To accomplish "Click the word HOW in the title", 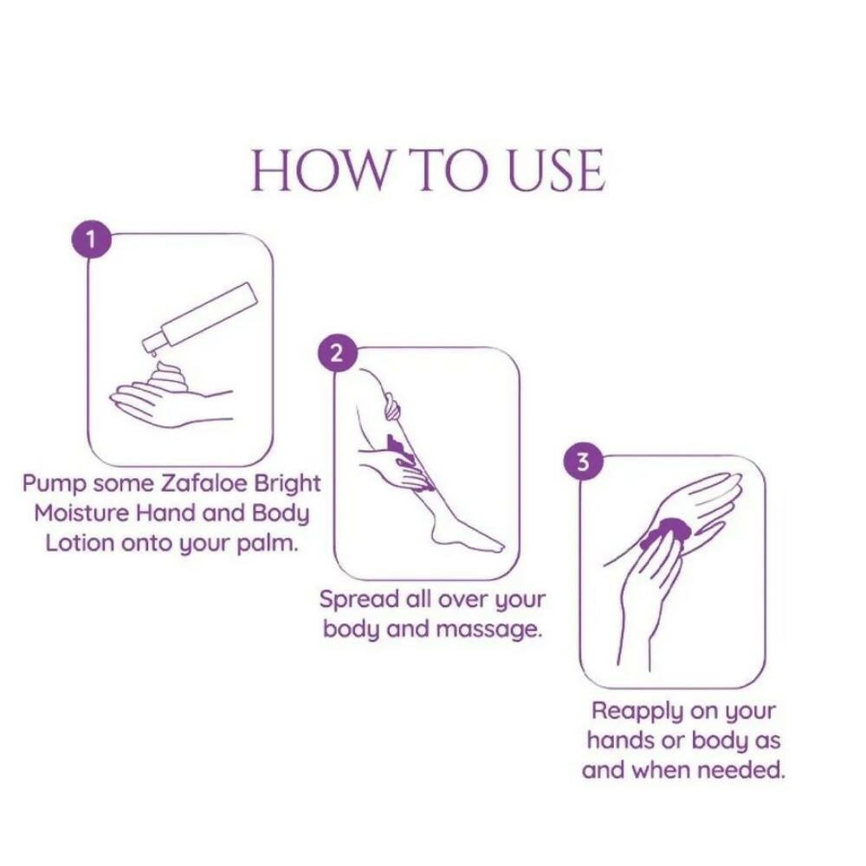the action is pyautogui.click(x=321, y=170).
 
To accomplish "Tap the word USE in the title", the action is pyautogui.click(x=556, y=170).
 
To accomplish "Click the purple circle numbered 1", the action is pyautogui.click(x=92, y=240).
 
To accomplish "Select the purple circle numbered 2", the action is pyautogui.click(x=338, y=353).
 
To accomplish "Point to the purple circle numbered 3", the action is pyautogui.click(x=583, y=462).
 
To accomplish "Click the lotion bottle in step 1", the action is pyautogui.click(x=200, y=318).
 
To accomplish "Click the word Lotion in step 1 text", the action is pyautogui.click(x=80, y=544).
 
